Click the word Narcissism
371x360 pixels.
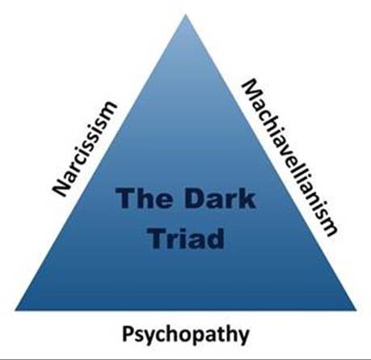(x=85, y=149)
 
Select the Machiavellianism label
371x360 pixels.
(x=289, y=158)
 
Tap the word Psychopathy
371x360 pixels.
(x=186, y=334)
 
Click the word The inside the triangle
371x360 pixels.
(x=144, y=198)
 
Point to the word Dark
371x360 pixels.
(x=220, y=198)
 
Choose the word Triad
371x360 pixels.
(x=187, y=239)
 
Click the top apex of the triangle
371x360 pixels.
(x=186, y=15)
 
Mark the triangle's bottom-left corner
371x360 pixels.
(x=15, y=310)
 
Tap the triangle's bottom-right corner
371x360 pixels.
(x=356, y=310)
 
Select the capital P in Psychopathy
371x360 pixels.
(x=129, y=333)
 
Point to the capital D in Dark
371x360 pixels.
(x=194, y=198)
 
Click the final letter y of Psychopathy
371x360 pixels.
(x=243, y=337)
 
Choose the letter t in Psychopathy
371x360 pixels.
(x=218, y=334)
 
